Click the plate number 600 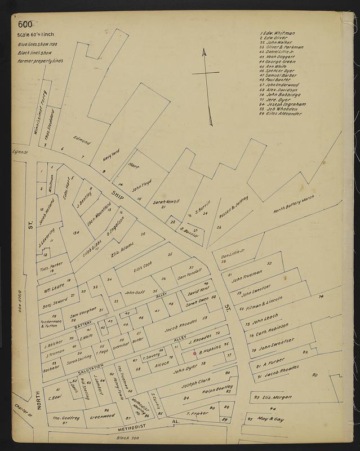click(25, 24)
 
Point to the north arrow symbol click(206, 85)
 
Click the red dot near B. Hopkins click(194, 353)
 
